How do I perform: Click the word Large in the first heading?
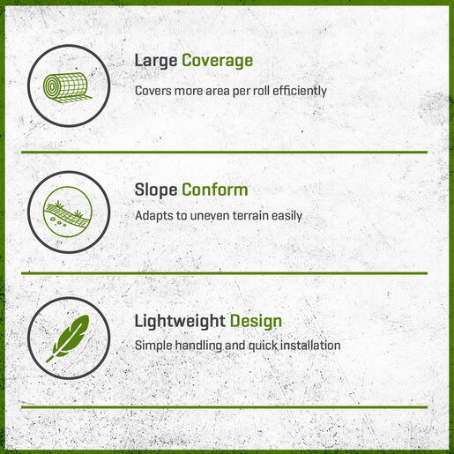pos(156,61)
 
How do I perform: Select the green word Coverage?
pos(217,61)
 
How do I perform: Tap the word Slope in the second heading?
pos(156,190)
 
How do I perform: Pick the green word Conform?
pos(215,190)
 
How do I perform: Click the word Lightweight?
pos(180,321)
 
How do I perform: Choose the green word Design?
pos(256,321)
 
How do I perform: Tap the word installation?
pos(310,346)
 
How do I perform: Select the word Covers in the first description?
pos(153,91)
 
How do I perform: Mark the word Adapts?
pos(154,216)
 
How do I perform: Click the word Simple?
pos(153,346)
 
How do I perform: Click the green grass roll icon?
pos(67,87)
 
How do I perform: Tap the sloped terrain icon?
pos(68,212)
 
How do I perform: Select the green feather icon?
pos(68,338)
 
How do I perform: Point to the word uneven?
pos(210,216)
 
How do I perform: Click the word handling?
pos(198,346)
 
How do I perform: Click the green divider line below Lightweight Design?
pos(224,407)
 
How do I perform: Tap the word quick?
pos(263,346)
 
